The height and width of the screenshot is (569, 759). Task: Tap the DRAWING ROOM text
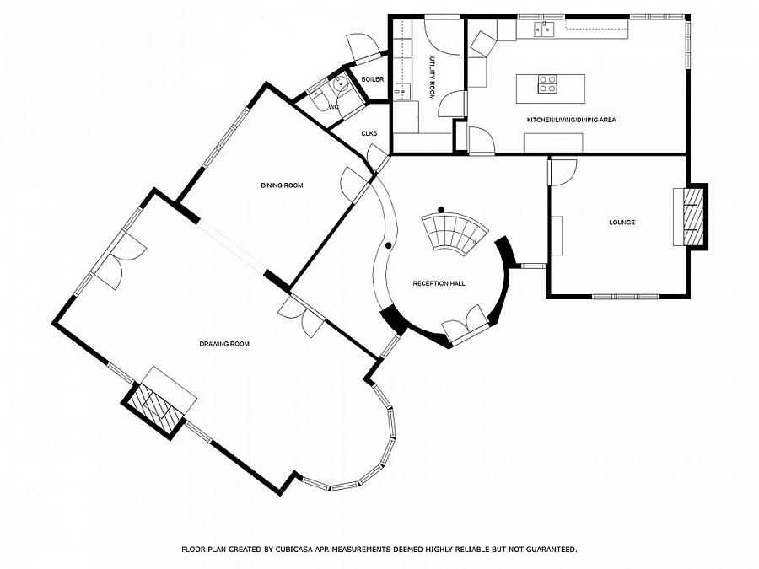tap(224, 344)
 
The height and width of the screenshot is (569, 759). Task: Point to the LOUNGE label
tap(622, 223)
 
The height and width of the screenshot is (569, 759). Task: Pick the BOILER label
tap(373, 79)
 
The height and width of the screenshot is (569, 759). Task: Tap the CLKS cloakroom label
tap(369, 133)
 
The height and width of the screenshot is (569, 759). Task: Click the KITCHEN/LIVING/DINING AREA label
tap(571, 120)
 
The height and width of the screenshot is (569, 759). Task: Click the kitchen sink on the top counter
tap(543, 31)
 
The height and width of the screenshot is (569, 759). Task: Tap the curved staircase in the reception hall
tap(455, 234)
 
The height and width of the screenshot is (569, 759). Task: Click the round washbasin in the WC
tap(340, 83)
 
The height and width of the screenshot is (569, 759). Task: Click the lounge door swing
tap(562, 172)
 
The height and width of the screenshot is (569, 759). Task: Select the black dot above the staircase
tap(440, 209)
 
